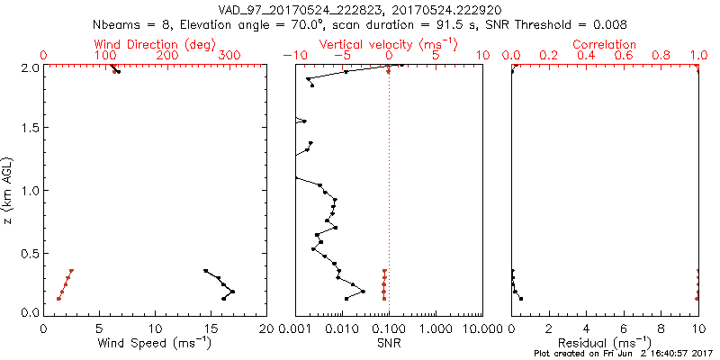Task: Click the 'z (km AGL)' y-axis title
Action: coord(9,190)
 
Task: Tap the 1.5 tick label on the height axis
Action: coord(30,129)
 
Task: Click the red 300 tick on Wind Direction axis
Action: coord(230,55)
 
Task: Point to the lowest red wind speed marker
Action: coord(58,298)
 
